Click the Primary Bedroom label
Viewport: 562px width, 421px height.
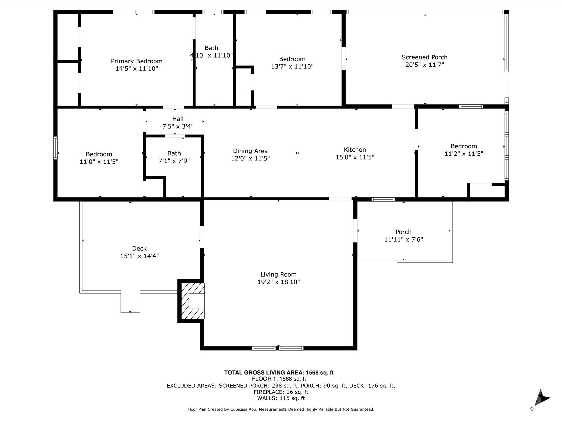click(137, 61)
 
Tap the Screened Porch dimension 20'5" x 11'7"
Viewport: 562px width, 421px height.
click(425, 65)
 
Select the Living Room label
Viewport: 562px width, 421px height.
click(279, 274)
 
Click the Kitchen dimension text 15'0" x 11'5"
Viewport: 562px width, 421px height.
click(355, 157)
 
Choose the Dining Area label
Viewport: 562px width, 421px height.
click(250, 151)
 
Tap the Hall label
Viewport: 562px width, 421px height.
click(178, 119)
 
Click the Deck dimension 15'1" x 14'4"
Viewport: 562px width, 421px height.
click(139, 256)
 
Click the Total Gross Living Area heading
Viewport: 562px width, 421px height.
click(279, 372)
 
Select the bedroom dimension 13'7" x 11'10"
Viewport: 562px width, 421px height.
click(292, 67)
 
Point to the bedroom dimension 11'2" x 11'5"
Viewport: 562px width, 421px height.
click(464, 154)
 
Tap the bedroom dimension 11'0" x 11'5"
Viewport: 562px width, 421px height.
click(99, 162)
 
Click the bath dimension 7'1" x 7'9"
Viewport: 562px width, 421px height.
click(174, 161)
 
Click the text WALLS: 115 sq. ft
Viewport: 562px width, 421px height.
click(281, 398)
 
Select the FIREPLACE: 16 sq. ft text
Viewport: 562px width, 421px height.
click(281, 392)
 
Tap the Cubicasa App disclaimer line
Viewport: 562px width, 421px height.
click(281, 409)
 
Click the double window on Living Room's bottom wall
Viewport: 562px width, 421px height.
click(278, 348)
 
